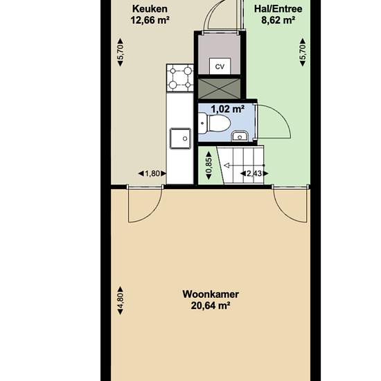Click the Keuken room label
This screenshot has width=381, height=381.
(x=150, y=9)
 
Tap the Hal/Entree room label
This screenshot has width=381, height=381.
(x=278, y=9)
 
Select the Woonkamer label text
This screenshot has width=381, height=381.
(x=211, y=294)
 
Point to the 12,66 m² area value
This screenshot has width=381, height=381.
(x=150, y=20)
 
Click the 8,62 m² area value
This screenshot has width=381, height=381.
(x=278, y=20)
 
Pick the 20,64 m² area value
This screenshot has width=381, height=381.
(x=211, y=305)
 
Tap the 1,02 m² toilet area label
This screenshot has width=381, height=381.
(x=227, y=109)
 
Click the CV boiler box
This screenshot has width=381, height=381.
(x=220, y=66)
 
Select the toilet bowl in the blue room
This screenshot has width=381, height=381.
(x=214, y=124)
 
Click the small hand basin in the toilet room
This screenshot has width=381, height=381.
(x=240, y=136)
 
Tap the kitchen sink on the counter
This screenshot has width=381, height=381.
(x=180, y=139)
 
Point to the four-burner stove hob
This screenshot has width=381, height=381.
(x=180, y=78)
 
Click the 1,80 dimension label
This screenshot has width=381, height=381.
(x=152, y=173)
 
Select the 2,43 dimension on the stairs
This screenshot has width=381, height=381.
(x=254, y=173)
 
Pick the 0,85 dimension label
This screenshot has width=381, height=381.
(x=209, y=166)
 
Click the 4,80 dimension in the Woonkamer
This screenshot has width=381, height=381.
(x=121, y=301)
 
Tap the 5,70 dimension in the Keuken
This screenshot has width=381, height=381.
(x=121, y=52)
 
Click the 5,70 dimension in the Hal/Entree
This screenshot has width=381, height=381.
(x=303, y=52)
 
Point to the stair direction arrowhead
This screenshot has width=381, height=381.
(x=227, y=166)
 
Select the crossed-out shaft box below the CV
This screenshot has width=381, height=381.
(x=220, y=89)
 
